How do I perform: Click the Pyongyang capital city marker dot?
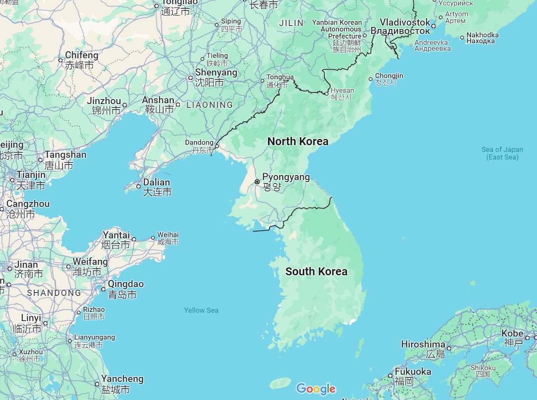(257, 182)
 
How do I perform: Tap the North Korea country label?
(298, 141)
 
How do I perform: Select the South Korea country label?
(316, 271)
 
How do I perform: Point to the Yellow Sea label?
(201, 310)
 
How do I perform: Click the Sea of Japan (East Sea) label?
(502, 153)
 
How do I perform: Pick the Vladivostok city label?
(405, 22)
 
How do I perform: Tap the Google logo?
(315, 389)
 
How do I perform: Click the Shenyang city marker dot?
(190, 78)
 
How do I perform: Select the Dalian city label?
(156, 183)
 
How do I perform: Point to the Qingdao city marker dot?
(103, 289)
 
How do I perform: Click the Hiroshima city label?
(423, 345)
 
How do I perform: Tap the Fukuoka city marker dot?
(390, 375)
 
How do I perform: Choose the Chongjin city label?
(388, 76)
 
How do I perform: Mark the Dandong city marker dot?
(217, 146)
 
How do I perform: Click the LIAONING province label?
(209, 105)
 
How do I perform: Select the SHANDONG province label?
(54, 293)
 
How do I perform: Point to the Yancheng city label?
(122, 379)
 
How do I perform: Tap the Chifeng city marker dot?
(60, 60)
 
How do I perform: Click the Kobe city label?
(512, 333)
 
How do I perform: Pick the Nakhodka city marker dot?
(462, 38)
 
